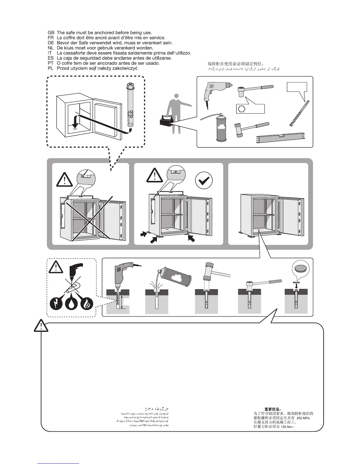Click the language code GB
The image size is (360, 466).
click(51, 32)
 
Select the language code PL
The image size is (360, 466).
click(51, 68)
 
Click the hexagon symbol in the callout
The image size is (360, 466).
click(241, 109)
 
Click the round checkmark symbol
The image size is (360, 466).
click(204, 180)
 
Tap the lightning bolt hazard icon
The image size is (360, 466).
click(56, 304)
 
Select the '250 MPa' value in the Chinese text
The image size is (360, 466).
click(303, 418)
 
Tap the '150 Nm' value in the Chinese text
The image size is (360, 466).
click(286, 427)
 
